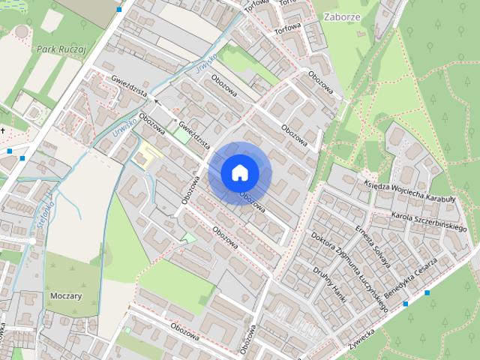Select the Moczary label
pyautogui.click(x=65, y=295)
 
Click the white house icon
pyautogui.click(x=239, y=173)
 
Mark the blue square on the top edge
pyautogui.click(x=120, y=9)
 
